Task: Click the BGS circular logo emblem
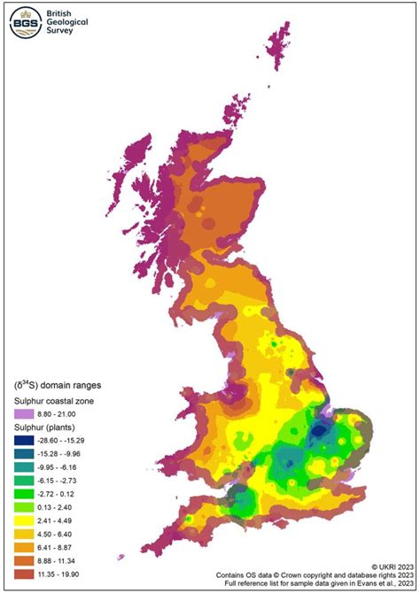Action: (24, 24)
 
